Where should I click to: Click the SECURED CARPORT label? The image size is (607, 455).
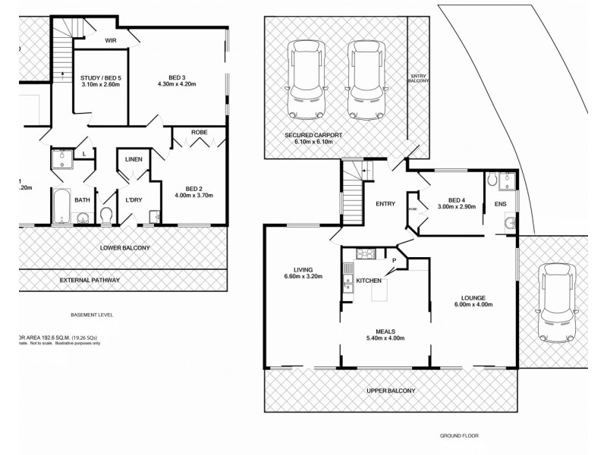313,135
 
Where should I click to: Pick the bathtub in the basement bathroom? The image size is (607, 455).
62,206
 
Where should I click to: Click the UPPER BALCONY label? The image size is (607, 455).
392,391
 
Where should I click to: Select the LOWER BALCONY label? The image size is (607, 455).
124,248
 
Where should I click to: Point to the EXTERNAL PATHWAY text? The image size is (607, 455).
90,281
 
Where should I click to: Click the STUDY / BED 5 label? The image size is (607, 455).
100,78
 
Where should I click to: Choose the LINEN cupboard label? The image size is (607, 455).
134,158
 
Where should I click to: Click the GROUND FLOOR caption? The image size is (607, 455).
460,436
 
